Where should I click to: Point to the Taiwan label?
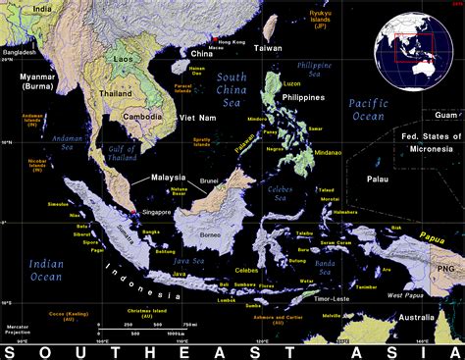pos(267,47)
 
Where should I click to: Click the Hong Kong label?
pos(232,42)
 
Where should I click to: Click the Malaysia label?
pos(168,178)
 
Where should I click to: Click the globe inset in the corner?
pos(410,46)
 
